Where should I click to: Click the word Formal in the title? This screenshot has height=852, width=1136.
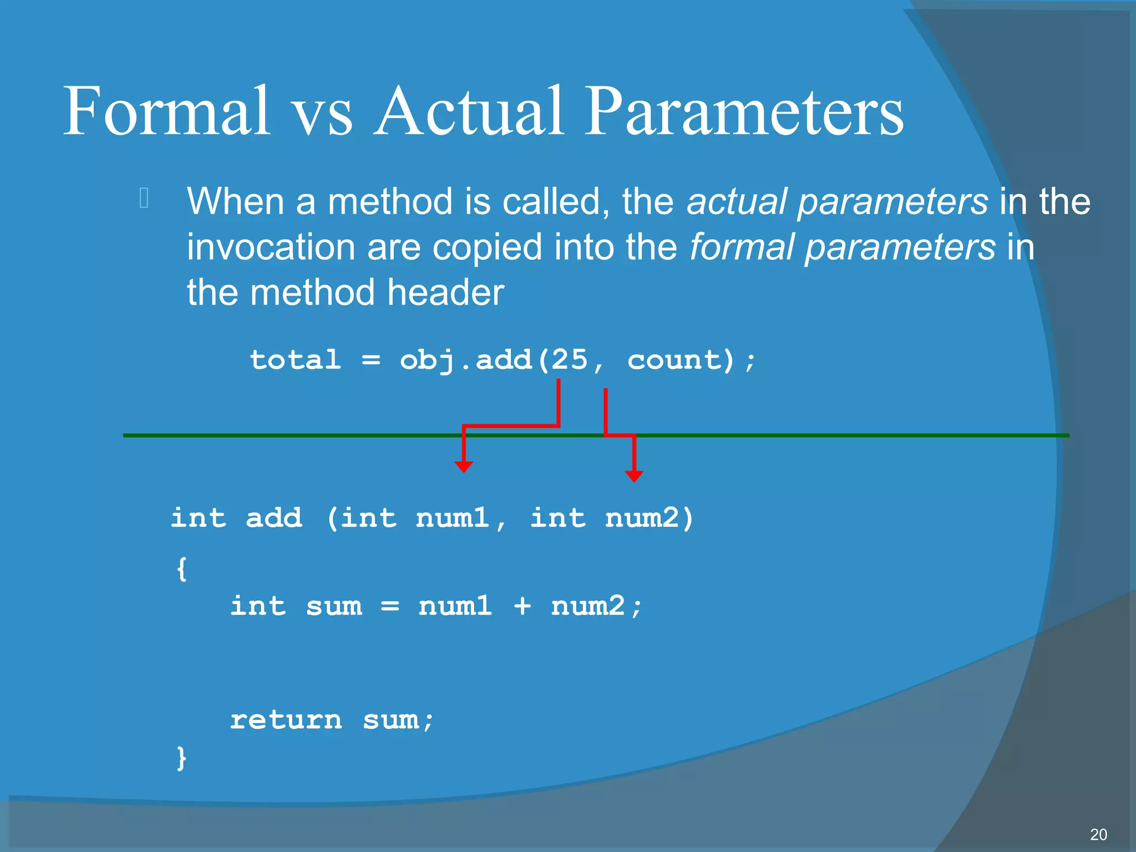pos(166,111)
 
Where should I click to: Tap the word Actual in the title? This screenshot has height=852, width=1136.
pos(469,111)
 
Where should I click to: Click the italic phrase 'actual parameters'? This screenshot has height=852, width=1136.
pos(837,201)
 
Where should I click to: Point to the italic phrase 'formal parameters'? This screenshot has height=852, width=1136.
pos(842,247)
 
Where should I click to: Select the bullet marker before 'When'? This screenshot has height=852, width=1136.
pos(144,199)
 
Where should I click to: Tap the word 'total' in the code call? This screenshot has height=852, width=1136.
pos(295,360)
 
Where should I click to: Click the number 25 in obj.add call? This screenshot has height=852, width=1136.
pos(569,360)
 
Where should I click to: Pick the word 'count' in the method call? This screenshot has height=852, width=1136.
pos(674,360)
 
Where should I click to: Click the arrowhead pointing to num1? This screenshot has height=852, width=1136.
pos(463,466)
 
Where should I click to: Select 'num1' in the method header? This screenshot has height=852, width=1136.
pos(453,518)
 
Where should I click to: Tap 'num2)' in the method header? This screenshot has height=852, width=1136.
pos(649,518)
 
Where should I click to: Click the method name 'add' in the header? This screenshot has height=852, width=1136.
pos(274,518)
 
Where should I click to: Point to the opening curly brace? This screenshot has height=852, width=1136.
pos(181,569)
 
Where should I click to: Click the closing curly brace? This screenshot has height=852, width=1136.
pos(181,758)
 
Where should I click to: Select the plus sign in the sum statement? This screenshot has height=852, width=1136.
pos(522,606)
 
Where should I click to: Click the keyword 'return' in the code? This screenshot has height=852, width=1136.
pos(286,721)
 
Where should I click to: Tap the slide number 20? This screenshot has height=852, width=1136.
pos(1098,834)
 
